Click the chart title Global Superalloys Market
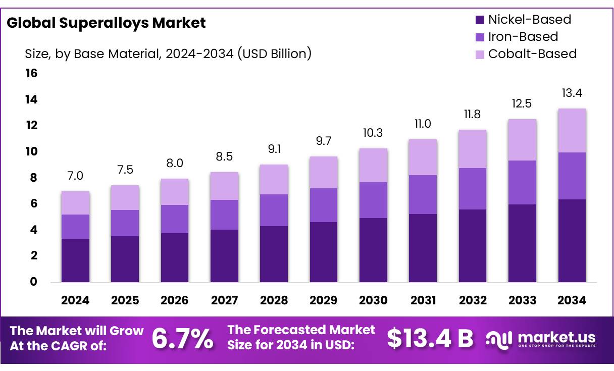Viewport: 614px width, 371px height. coord(106,23)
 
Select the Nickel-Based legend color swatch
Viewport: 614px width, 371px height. coord(480,20)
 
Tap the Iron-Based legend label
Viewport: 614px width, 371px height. coord(523,37)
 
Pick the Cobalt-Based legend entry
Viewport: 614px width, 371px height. coord(525,54)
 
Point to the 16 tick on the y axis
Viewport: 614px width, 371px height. coord(31,74)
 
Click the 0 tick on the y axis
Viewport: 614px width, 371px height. coord(33,282)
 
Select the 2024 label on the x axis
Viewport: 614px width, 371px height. coord(75,300)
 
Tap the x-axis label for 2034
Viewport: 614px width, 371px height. coord(572,300)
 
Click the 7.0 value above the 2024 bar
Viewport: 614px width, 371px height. coord(75,176)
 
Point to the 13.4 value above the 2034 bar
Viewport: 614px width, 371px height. coord(572,93)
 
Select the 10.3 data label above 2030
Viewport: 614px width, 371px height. coord(373,133)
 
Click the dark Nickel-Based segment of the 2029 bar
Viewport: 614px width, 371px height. coord(324,251)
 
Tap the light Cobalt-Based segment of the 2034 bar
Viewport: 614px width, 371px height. coord(572,130)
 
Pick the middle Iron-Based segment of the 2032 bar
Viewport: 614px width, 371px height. coord(473,188)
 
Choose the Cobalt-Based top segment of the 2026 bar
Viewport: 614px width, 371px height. coord(175,192)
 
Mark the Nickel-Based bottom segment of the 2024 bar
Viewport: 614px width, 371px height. coord(75,260)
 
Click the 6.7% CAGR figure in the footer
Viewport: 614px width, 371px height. coord(182,339)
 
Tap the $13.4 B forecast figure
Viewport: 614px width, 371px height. coord(430,339)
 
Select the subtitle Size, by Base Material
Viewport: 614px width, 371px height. coord(168,54)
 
